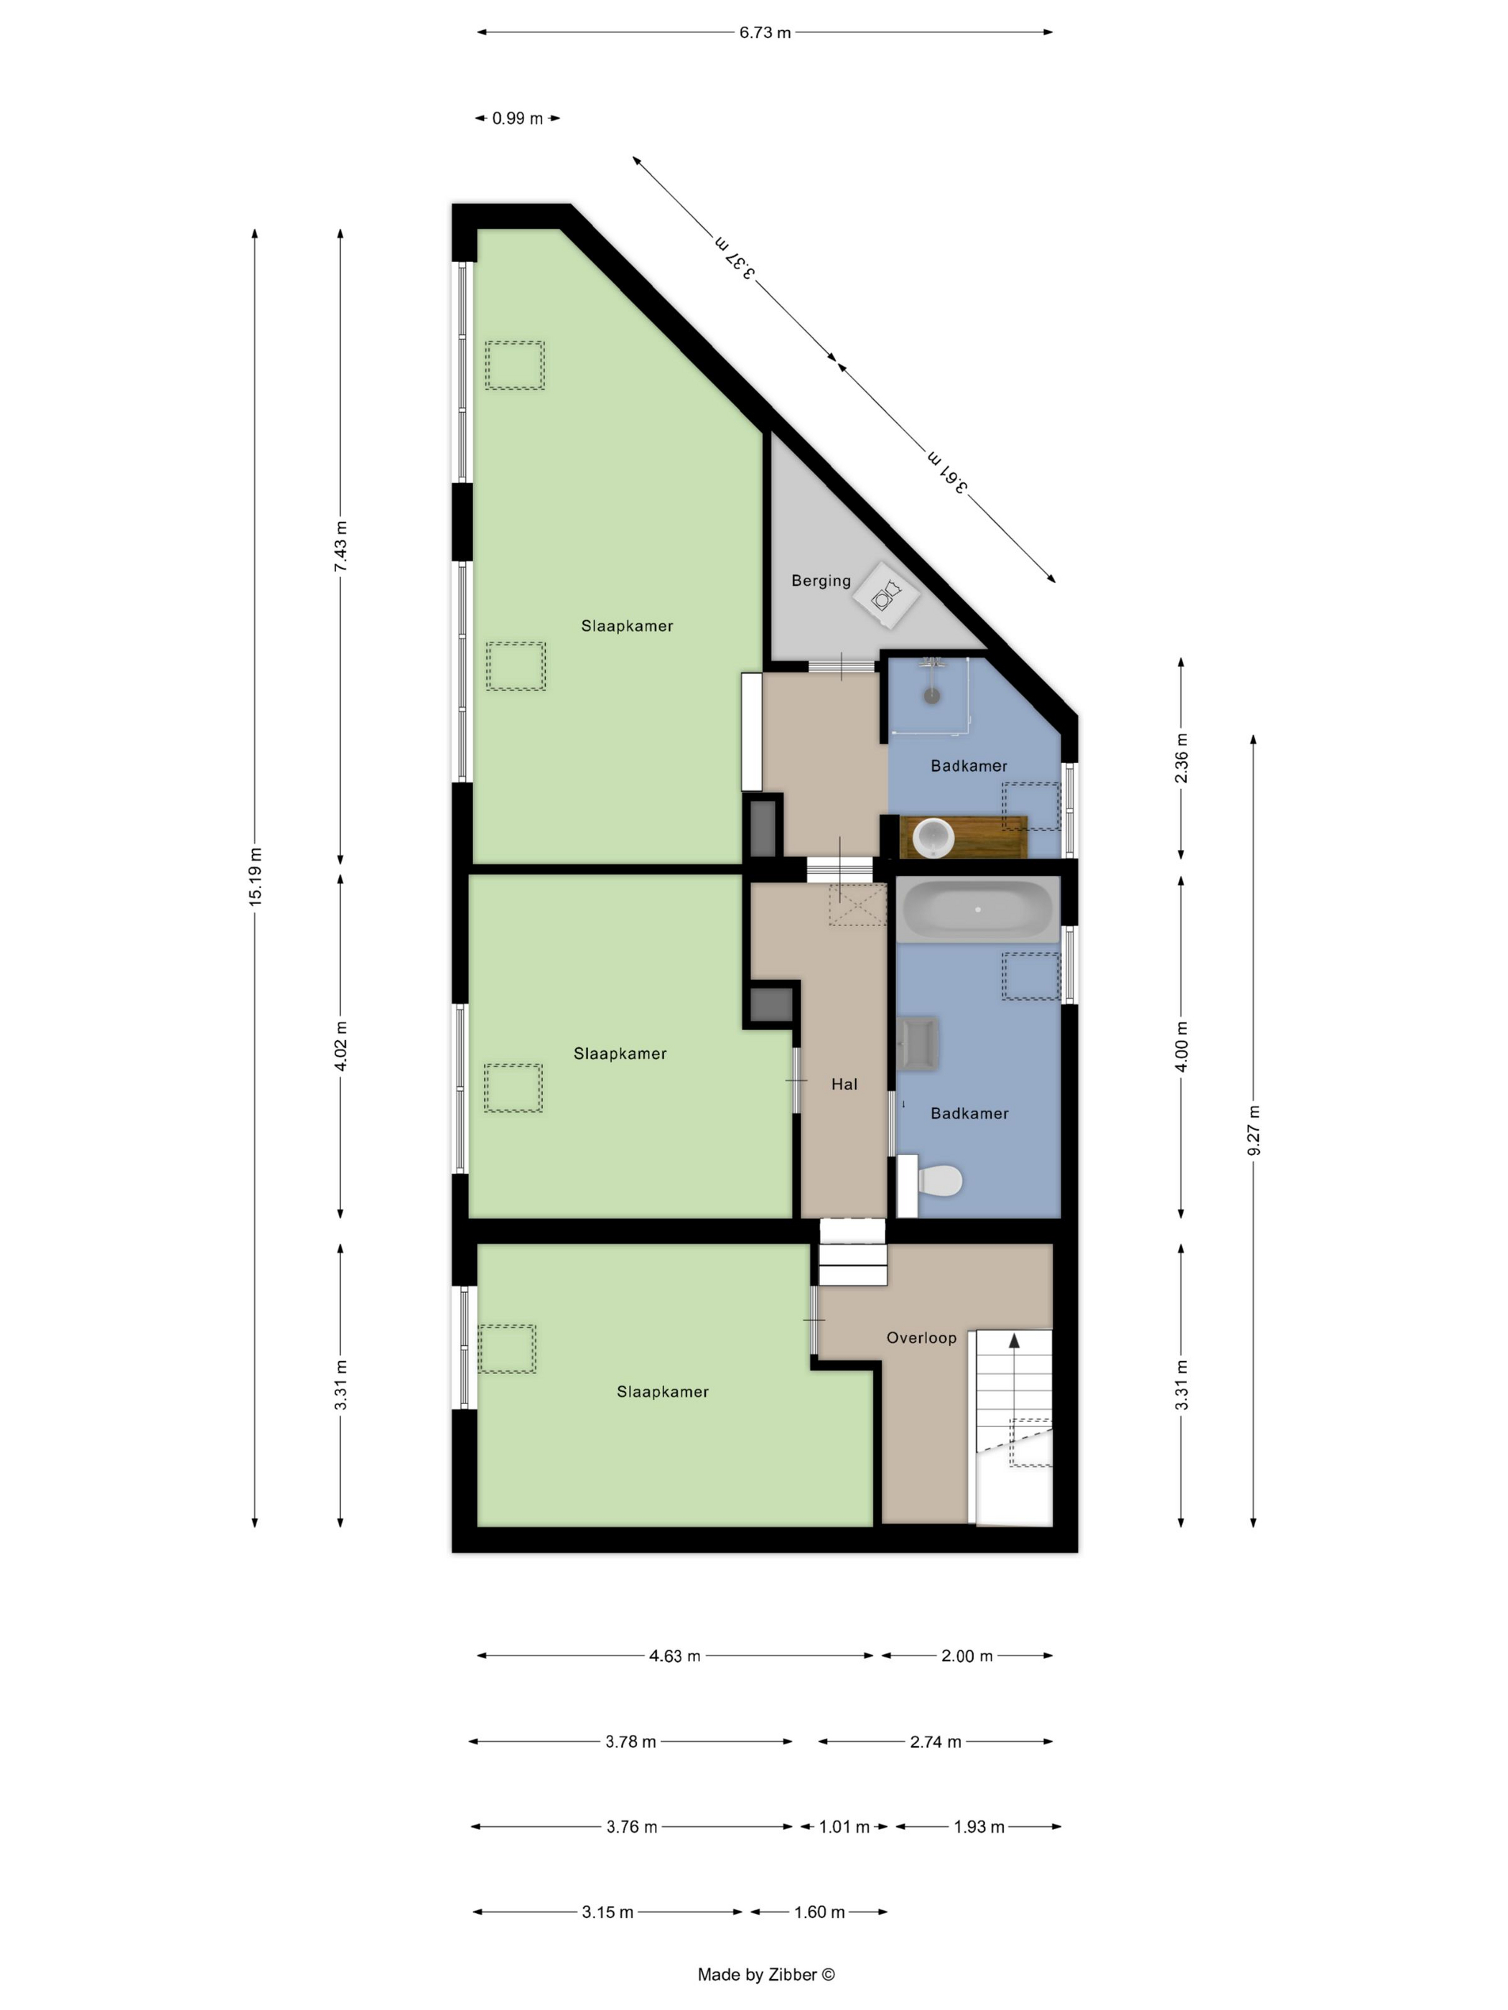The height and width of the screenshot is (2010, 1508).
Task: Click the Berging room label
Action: coord(820,581)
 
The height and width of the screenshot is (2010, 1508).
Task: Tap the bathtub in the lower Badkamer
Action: coord(978,909)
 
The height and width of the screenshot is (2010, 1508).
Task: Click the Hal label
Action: coord(844,1084)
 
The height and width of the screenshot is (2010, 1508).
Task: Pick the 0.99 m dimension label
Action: coord(517,118)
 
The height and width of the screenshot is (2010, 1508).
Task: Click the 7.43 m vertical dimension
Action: coord(340,546)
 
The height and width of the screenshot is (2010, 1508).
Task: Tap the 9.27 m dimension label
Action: coord(1254,1131)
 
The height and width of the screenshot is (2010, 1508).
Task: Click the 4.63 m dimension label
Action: coord(674,1655)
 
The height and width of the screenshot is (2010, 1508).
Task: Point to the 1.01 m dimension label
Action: coord(844,1826)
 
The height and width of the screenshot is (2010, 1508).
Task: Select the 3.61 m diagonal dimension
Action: coord(946,472)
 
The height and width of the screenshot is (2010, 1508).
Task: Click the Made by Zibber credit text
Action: coord(765,1973)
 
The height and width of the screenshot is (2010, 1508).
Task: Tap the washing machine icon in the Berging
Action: coord(885,596)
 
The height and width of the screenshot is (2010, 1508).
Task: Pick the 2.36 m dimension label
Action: coord(1181,758)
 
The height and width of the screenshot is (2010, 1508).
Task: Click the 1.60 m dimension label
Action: coord(819,1912)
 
